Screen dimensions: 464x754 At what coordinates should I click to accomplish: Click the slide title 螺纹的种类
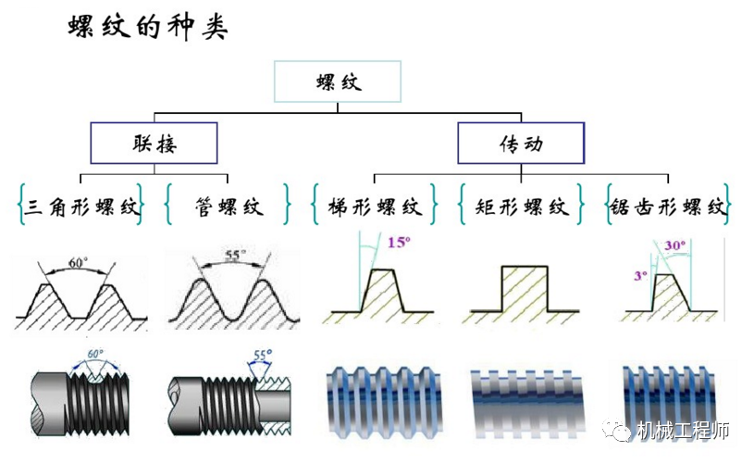[148, 27]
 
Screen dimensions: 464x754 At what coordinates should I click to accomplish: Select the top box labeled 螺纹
[338, 82]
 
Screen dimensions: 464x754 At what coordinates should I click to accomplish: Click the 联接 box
[153, 144]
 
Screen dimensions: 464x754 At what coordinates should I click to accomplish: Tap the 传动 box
[521, 144]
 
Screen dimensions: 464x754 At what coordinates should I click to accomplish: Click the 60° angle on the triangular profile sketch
[78, 263]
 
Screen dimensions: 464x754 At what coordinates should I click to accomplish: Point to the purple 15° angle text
[398, 244]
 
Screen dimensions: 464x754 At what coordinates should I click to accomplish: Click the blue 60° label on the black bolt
[93, 355]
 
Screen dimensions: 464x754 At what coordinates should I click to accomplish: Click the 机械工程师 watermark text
[684, 431]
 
